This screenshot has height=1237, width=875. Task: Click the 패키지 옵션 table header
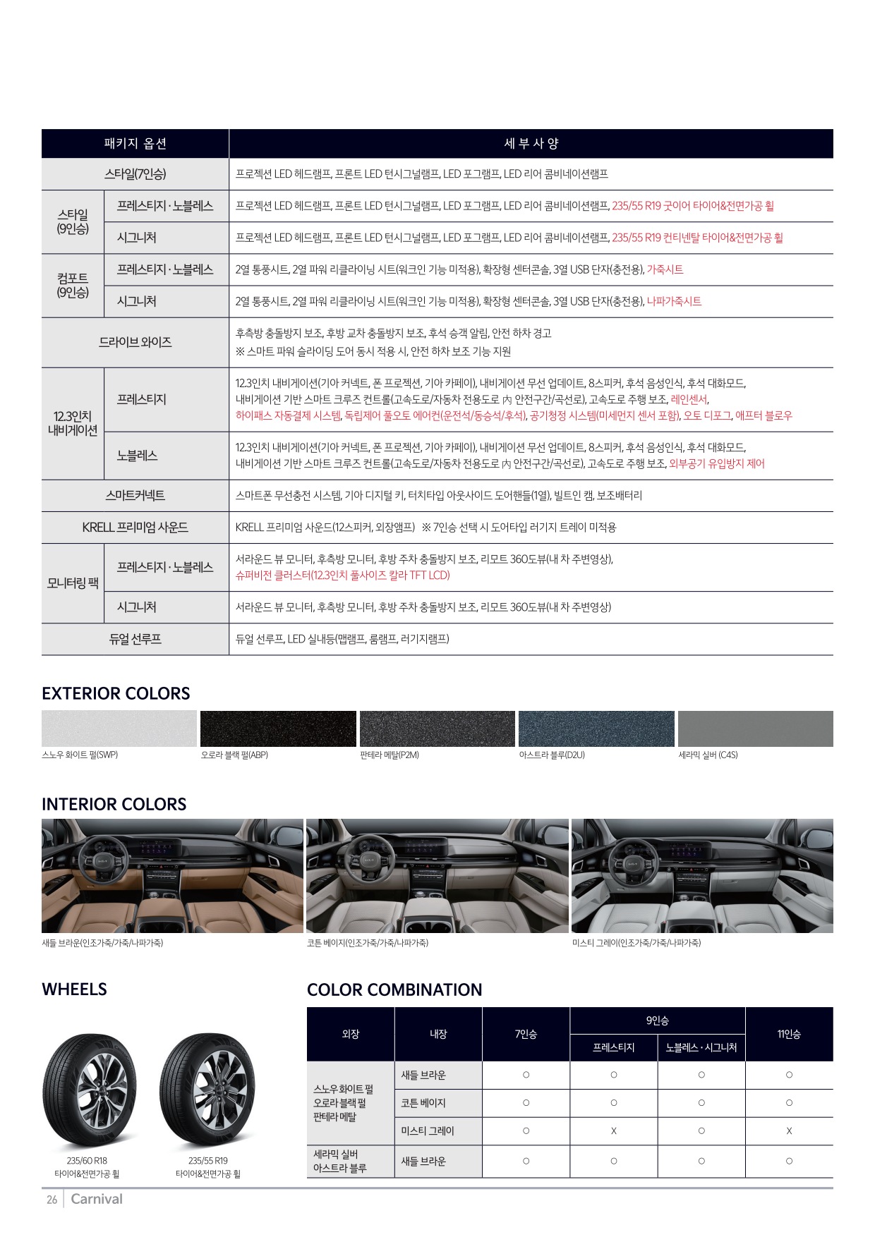(135, 144)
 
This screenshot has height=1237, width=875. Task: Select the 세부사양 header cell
(531, 144)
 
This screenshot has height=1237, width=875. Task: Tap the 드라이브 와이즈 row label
(135, 342)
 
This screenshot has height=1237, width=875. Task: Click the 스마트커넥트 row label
(135, 496)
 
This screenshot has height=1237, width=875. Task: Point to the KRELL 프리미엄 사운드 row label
(135, 528)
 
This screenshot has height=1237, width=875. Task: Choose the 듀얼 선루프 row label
(135, 639)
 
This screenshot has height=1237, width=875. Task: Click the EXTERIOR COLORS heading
(116, 693)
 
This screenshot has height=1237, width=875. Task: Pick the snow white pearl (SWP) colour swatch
(119, 729)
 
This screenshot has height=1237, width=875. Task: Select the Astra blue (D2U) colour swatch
(596, 729)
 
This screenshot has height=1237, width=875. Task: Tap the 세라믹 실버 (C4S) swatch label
(708, 755)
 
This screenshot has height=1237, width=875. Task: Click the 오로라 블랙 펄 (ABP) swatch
(278, 729)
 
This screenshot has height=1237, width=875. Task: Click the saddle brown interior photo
(172, 875)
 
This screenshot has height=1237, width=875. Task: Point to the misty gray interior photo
(702, 875)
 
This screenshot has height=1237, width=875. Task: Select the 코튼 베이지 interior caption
(368, 943)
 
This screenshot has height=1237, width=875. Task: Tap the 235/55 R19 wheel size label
(207, 1160)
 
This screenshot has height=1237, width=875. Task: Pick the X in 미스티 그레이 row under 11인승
(789, 1131)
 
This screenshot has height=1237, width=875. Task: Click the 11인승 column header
(789, 1034)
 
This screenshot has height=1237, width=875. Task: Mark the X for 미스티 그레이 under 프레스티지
(614, 1131)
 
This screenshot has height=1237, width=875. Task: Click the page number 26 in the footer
(52, 1200)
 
